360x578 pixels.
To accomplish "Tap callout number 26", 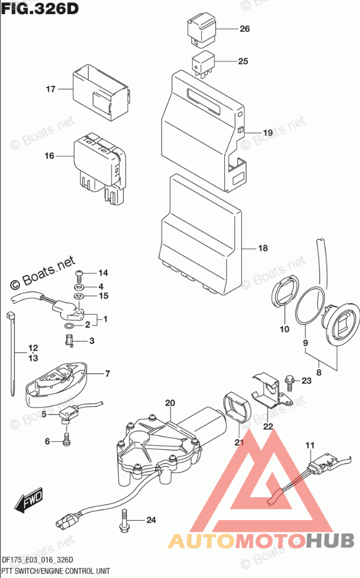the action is pyautogui.click(x=244, y=29).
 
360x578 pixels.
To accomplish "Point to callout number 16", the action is pyautogui.click(x=49, y=156).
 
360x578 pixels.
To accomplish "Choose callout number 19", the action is pyautogui.click(x=268, y=133).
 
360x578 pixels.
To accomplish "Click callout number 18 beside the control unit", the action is pyautogui.click(x=262, y=248).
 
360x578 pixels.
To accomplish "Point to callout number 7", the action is pyautogui.click(x=107, y=373).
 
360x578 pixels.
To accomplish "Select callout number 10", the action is pyautogui.click(x=284, y=329).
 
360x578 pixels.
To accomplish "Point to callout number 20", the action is pyautogui.click(x=170, y=402).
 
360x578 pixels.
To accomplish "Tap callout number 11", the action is pyautogui.click(x=310, y=447).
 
